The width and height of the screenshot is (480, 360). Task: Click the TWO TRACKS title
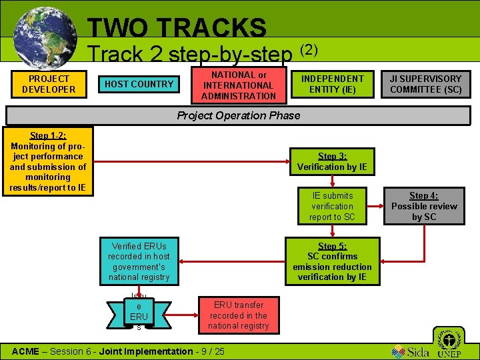point(177,27)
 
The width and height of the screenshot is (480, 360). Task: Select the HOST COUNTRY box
point(139,84)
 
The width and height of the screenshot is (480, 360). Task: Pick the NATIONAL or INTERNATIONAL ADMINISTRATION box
point(239,85)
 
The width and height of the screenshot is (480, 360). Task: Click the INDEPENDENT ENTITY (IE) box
point(333,84)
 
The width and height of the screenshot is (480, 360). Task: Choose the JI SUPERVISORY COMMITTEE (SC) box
point(426,84)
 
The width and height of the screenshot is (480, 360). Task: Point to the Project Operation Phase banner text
point(239,115)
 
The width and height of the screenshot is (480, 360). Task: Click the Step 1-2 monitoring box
point(48,161)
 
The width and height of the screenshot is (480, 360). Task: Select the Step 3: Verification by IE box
point(332,162)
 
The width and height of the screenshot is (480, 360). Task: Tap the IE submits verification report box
point(333,206)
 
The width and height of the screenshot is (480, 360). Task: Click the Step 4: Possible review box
point(424,206)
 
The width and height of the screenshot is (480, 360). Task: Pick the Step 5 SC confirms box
point(332,261)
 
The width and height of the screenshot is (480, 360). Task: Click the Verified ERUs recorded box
point(139,261)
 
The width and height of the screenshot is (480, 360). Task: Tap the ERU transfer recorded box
point(238,315)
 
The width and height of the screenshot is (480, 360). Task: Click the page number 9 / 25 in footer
point(211,351)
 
